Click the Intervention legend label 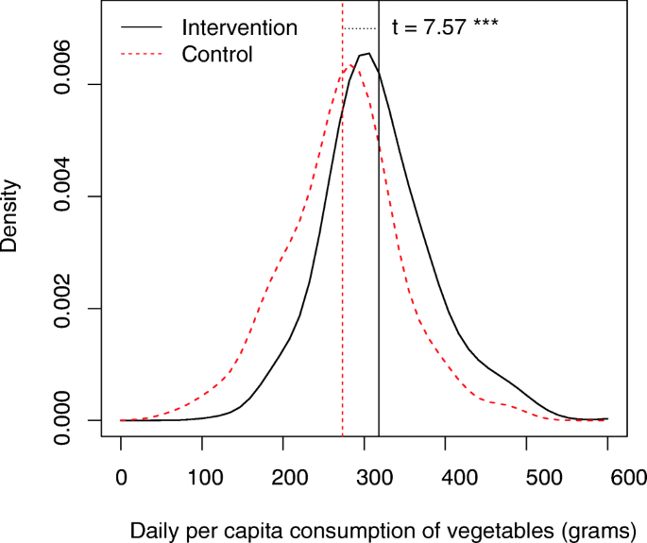[239, 28]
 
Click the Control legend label [217, 55]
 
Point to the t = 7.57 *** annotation [445, 28]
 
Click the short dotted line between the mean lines [360, 28]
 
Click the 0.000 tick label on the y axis [62, 419]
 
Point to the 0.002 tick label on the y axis [62, 308]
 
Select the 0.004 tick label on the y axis [62, 196]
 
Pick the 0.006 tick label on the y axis [62, 85]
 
